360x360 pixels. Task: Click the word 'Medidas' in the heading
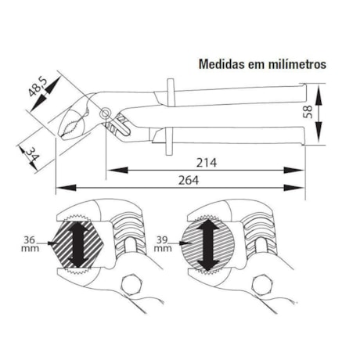[223, 64]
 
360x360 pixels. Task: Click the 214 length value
[206, 162]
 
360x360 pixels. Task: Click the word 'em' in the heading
[256, 64]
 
